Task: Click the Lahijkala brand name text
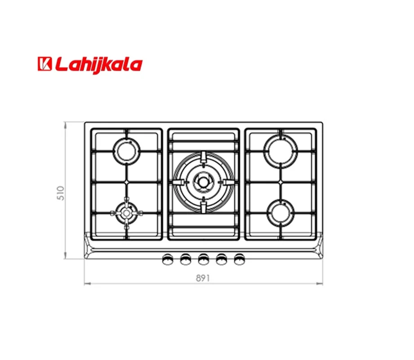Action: pos(99,65)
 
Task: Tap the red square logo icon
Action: pos(45,64)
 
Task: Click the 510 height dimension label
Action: pos(61,193)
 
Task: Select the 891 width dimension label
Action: pos(203,278)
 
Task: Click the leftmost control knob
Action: pos(167,259)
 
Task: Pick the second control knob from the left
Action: pos(185,259)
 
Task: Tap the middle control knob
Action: pos(203,259)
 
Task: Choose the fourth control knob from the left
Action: pos(221,259)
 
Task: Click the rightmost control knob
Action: pos(239,259)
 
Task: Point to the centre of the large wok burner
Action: pos(203,182)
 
